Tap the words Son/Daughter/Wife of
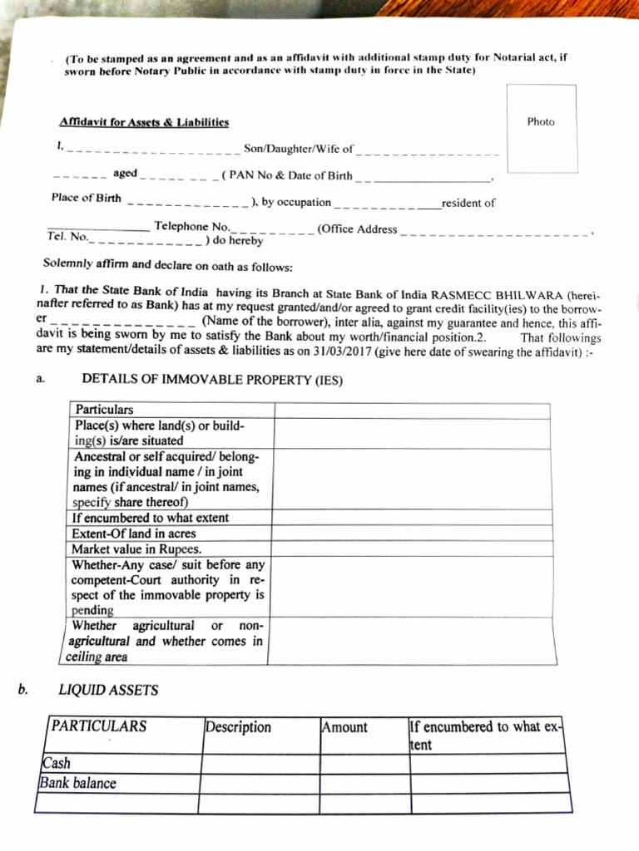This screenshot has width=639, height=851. pos(298,150)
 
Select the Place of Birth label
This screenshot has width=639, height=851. pos(86,199)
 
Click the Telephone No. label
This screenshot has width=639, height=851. pos(191,226)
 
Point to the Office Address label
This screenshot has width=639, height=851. pos(359,229)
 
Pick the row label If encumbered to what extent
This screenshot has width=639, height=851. pos(150,518)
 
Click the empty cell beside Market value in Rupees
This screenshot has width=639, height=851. pos(409,548)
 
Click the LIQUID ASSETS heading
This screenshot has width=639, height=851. pos(108,690)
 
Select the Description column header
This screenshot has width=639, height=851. pos(239,727)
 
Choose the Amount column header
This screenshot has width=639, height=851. pos(344,727)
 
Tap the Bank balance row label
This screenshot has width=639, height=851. pos(77,783)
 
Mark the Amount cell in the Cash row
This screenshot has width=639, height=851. pos(364,763)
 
